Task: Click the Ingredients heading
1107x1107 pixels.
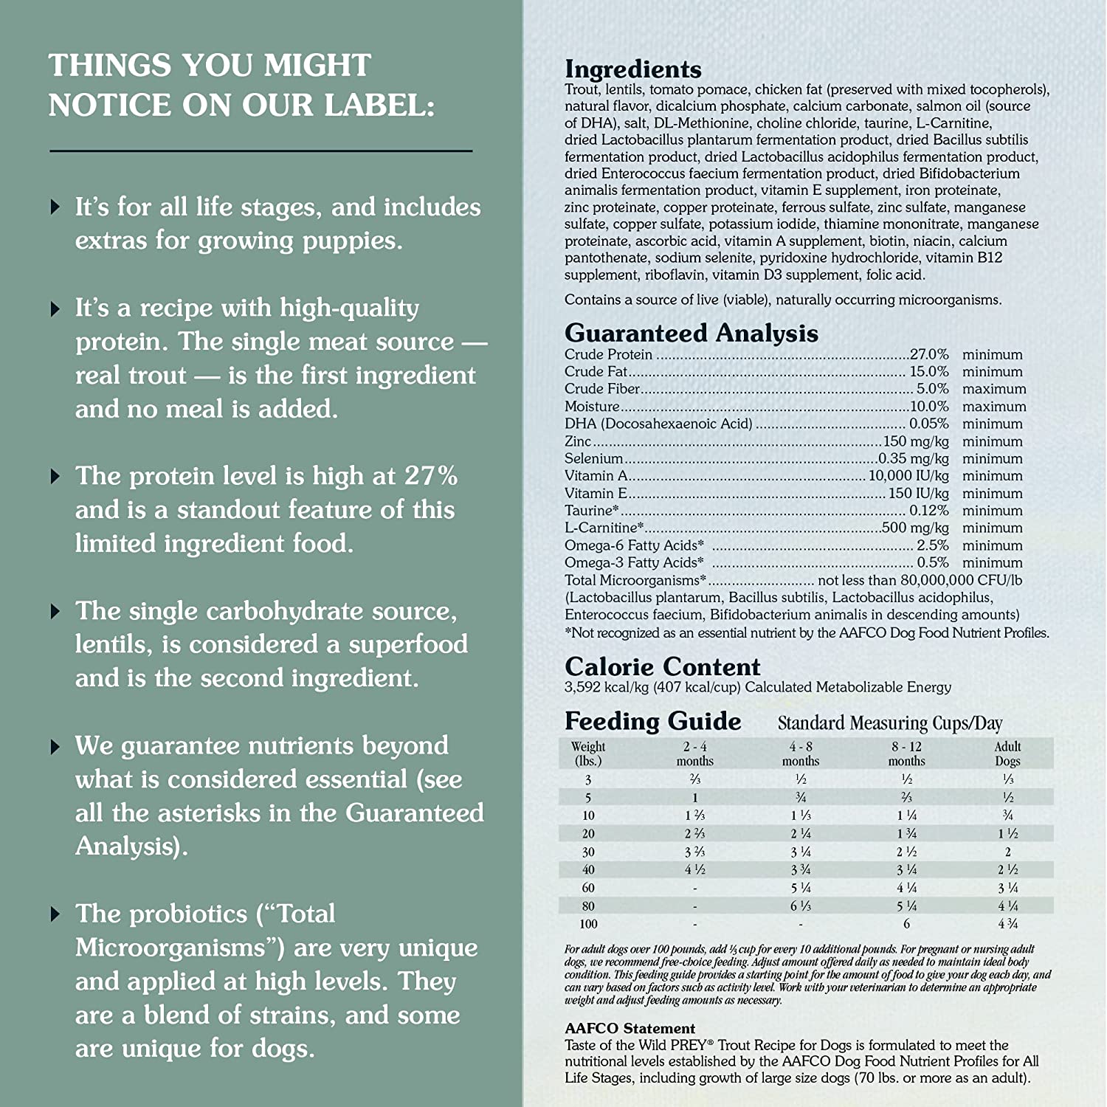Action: pos(632,69)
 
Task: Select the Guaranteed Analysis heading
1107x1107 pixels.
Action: pos(691,333)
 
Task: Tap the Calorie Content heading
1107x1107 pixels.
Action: pos(662,666)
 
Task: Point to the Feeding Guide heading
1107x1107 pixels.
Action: pos(652,721)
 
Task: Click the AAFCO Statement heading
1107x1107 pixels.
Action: pos(630,1028)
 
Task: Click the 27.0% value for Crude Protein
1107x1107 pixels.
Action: pos(929,355)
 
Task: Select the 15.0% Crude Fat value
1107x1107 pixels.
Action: pos(929,372)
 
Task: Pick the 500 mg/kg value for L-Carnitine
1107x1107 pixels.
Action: pos(915,528)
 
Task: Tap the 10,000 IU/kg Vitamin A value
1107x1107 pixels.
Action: pos(908,476)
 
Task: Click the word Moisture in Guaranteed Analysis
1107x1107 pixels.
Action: pos(592,407)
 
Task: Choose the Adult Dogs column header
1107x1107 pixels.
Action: pos(1007,753)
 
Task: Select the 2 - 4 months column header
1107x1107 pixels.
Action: pos(694,753)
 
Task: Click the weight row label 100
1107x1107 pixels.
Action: pos(588,924)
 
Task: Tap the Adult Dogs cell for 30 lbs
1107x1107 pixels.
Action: pos(1007,852)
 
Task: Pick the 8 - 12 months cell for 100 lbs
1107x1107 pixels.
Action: pos(906,924)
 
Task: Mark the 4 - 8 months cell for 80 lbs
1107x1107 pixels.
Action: pos(801,906)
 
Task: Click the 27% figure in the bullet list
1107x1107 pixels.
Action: pos(431,476)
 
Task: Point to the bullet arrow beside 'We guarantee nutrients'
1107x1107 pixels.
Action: pos(55,747)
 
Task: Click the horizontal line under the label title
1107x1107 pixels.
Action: pos(261,151)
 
